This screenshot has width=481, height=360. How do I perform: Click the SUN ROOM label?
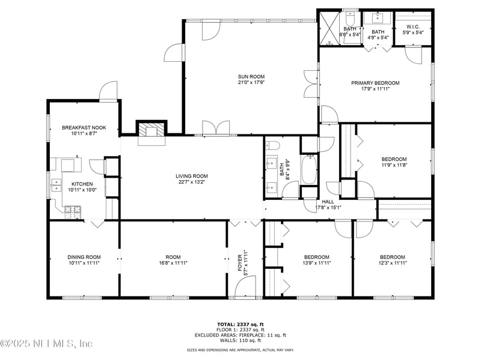(251, 76)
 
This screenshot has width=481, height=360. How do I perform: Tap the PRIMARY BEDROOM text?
(375, 83)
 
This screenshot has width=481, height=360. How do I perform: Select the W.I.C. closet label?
(412, 26)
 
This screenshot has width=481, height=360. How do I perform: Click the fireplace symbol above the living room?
(150, 130)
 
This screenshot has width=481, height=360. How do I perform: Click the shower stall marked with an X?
(329, 27)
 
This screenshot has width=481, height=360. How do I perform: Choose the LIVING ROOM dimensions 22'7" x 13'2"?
(192, 183)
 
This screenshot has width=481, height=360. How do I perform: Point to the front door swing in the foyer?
(244, 287)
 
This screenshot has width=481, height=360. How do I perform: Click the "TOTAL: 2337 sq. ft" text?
(240, 324)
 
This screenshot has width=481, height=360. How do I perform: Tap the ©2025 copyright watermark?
(47, 344)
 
